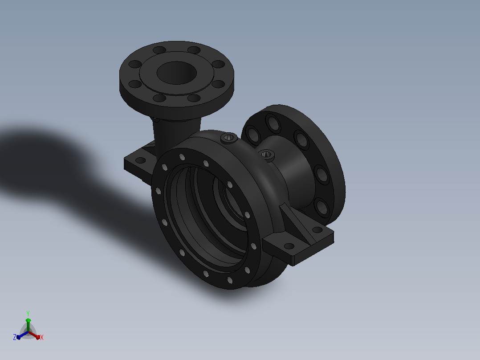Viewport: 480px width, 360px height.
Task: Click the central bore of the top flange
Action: pyautogui.click(x=177, y=73)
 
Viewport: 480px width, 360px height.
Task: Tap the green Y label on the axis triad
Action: pyautogui.click(x=28, y=313)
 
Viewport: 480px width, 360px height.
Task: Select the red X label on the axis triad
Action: pyautogui.click(x=42, y=337)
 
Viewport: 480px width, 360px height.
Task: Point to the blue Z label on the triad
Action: pyautogui.click(x=15, y=337)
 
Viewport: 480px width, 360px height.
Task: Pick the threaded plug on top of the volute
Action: pyautogui.click(x=229, y=138)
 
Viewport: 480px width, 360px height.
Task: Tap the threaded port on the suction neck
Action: pyautogui.click(x=266, y=155)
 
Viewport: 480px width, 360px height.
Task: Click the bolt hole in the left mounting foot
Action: pyautogui.click(x=140, y=160)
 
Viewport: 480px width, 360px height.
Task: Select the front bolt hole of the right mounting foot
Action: pyautogui.click(x=289, y=246)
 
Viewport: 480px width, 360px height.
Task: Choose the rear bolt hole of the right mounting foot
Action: pyautogui.click(x=317, y=229)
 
